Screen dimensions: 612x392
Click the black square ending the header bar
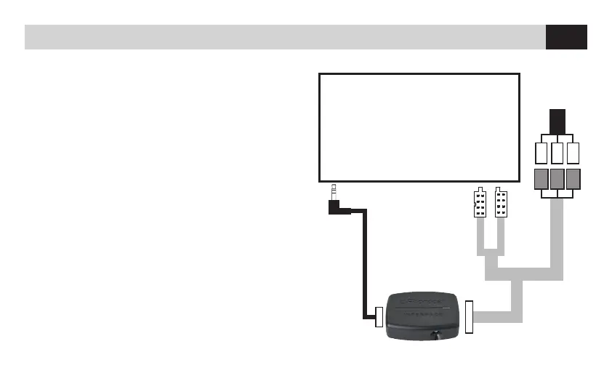(566, 37)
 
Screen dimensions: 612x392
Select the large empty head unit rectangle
(419, 127)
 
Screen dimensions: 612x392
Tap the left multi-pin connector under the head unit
(479, 203)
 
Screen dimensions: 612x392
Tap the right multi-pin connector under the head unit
(501, 203)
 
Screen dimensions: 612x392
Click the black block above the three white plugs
(557, 120)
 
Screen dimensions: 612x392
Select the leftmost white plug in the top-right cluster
(541, 153)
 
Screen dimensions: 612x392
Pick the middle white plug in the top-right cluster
(557, 153)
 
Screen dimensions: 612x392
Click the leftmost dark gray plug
(541, 180)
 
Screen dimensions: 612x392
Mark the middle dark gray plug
(557, 180)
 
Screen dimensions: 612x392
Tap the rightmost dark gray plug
(574, 180)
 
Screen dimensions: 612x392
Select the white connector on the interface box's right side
(469, 317)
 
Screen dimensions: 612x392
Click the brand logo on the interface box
(421, 300)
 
